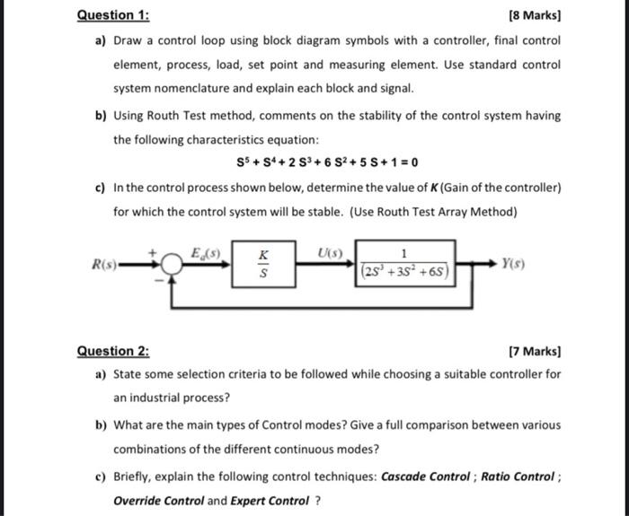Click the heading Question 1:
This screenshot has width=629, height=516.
[113, 15]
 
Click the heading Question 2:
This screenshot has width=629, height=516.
[113, 351]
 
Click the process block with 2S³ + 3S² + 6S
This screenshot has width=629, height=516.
[406, 262]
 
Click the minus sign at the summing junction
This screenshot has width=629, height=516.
[159, 278]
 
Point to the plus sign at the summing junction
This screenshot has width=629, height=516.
[162, 251]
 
